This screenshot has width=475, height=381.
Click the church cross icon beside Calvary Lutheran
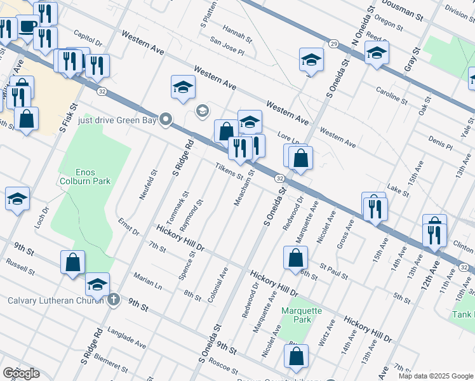pyautogui.click(x=113, y=299)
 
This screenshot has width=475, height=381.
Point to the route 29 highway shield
pyautogui.click(x=333, y=43)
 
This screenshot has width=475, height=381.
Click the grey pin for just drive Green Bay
pyautogui.click(x=166, y=119)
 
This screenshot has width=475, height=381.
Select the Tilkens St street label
pyautogui.click(x=229, y=171)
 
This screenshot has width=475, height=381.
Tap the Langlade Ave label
pyautogui.click(x=126, y=336)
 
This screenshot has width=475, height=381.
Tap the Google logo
pyautogui.click(x=21, y=373)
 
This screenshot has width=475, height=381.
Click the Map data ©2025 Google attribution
pyautogui.click(x=436, y=376)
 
